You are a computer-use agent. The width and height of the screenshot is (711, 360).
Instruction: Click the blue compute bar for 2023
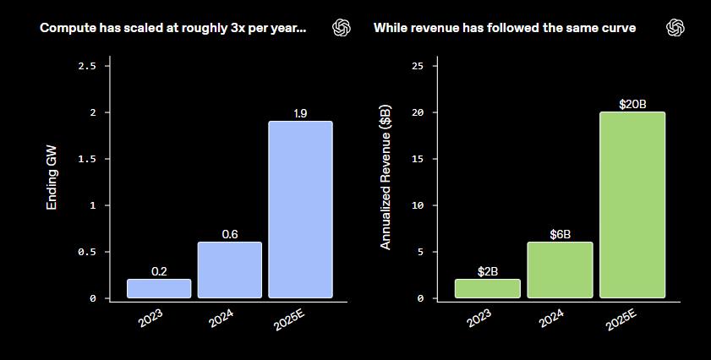pos(159,288)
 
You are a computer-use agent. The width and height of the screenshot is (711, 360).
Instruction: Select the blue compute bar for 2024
pos(230,270)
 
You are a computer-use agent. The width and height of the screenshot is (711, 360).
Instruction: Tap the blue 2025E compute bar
pos(301,210)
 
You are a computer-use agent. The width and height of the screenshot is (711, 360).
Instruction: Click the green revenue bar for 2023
pos(487,288)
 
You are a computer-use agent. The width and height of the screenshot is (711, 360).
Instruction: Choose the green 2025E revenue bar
pos(632,205)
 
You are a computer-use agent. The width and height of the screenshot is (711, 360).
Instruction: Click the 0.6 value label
pos(230,234)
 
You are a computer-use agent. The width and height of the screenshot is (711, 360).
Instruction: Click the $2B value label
pos(487,272)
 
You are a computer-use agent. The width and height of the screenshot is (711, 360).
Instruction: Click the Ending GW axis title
pos(52,181)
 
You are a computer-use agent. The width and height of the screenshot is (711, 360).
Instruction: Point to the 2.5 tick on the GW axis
pos(87,66)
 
